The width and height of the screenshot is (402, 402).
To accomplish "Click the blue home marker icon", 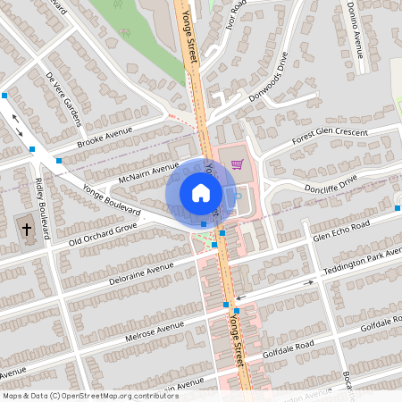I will tap(200, 193).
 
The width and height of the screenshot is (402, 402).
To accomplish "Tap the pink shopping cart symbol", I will tap(237, 163).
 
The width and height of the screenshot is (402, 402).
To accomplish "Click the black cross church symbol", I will tap(27, 230).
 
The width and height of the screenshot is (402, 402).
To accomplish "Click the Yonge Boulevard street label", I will tap(112, 200).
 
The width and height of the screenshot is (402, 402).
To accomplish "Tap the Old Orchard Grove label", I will tap(104, 230).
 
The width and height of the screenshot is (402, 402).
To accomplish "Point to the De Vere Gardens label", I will tap(63, 98).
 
